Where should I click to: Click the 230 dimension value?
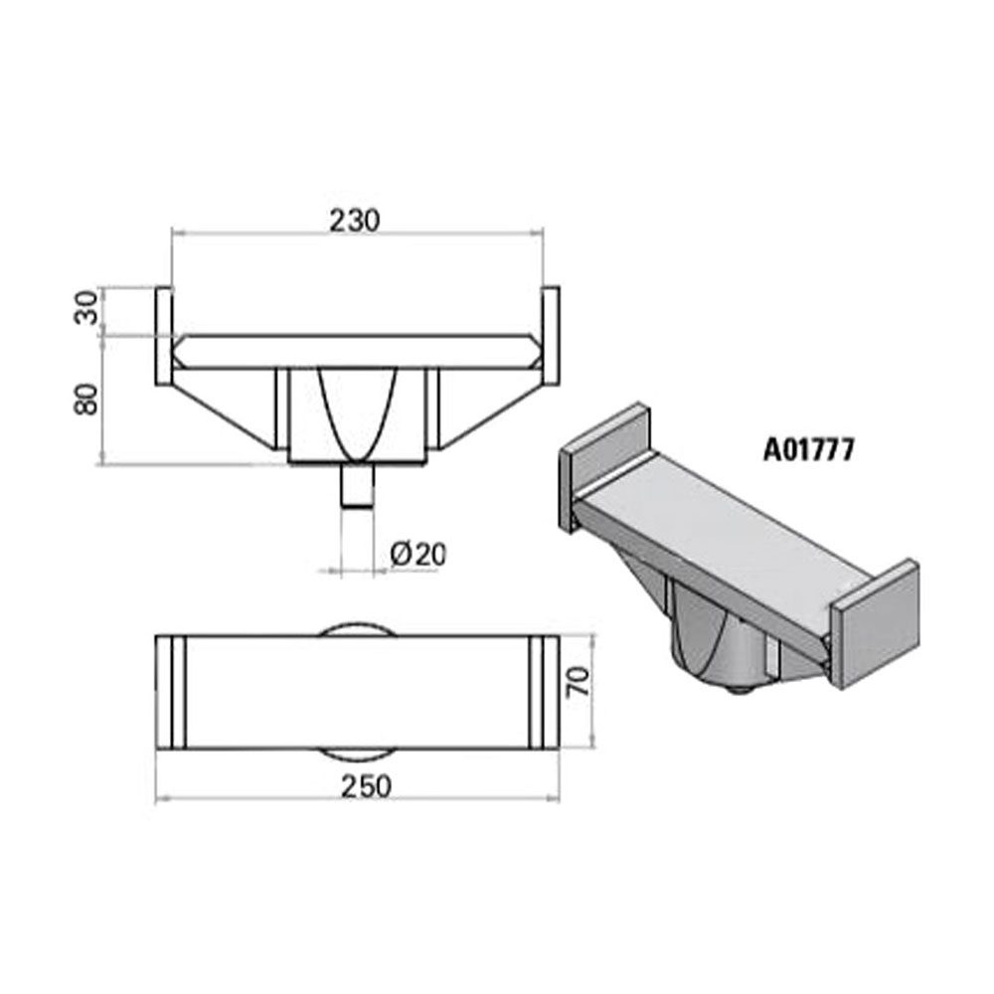(x=355, y=220)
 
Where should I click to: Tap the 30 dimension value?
(x=86, y=307)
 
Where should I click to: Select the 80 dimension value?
(x=86, y=400)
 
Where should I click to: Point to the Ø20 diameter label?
(x=418, y=554)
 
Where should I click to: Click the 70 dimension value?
(x=579, y=682)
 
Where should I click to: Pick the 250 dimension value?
(x=367, y=786)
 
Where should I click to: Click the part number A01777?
(x=809, y=450)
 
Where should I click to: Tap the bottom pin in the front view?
(x=358, y=485)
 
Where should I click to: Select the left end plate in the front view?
(x=164, y=336)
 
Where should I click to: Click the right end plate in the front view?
(x=551, y=336)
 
